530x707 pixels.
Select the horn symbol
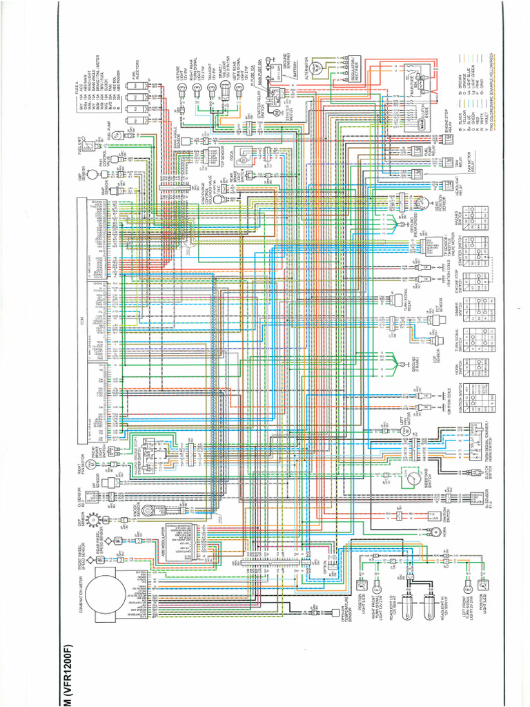[x=437, y=532]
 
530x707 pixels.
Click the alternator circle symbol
[x=317, y=68]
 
